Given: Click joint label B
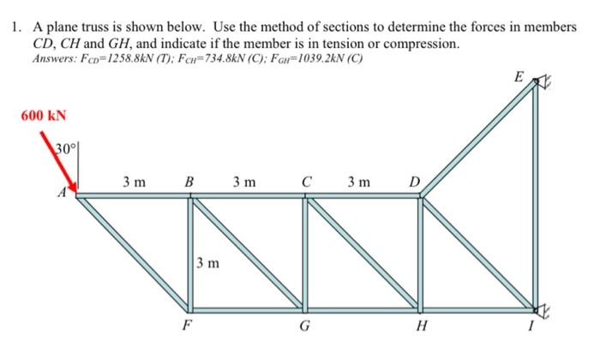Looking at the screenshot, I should tap(189, 182).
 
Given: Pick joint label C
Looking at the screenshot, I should tap(306, 182).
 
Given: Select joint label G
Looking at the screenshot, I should tap(303, 325).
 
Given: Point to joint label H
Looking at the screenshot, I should tap(419, 325).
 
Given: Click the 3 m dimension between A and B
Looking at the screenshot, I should tap(133, 182).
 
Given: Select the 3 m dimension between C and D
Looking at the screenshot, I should tap(360, 182).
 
